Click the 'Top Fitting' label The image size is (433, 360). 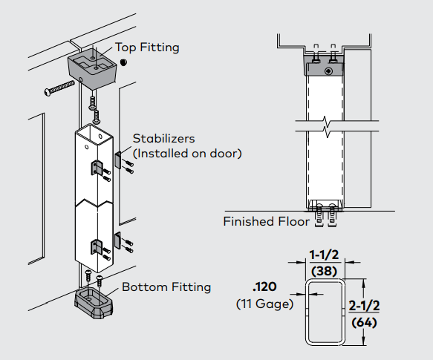(x=147, y=48)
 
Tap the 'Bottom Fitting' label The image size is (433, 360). (x=166, y=287)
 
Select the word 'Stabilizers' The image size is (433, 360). (x=163, y=139)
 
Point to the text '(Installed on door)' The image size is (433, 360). (x=187, y=154)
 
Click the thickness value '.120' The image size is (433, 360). (x=264, y=288)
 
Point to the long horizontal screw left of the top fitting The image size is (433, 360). (x=63, y=88)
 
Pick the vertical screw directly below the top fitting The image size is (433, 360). (x=94, y=102)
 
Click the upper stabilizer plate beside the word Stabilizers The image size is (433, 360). (x=119, y=160)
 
